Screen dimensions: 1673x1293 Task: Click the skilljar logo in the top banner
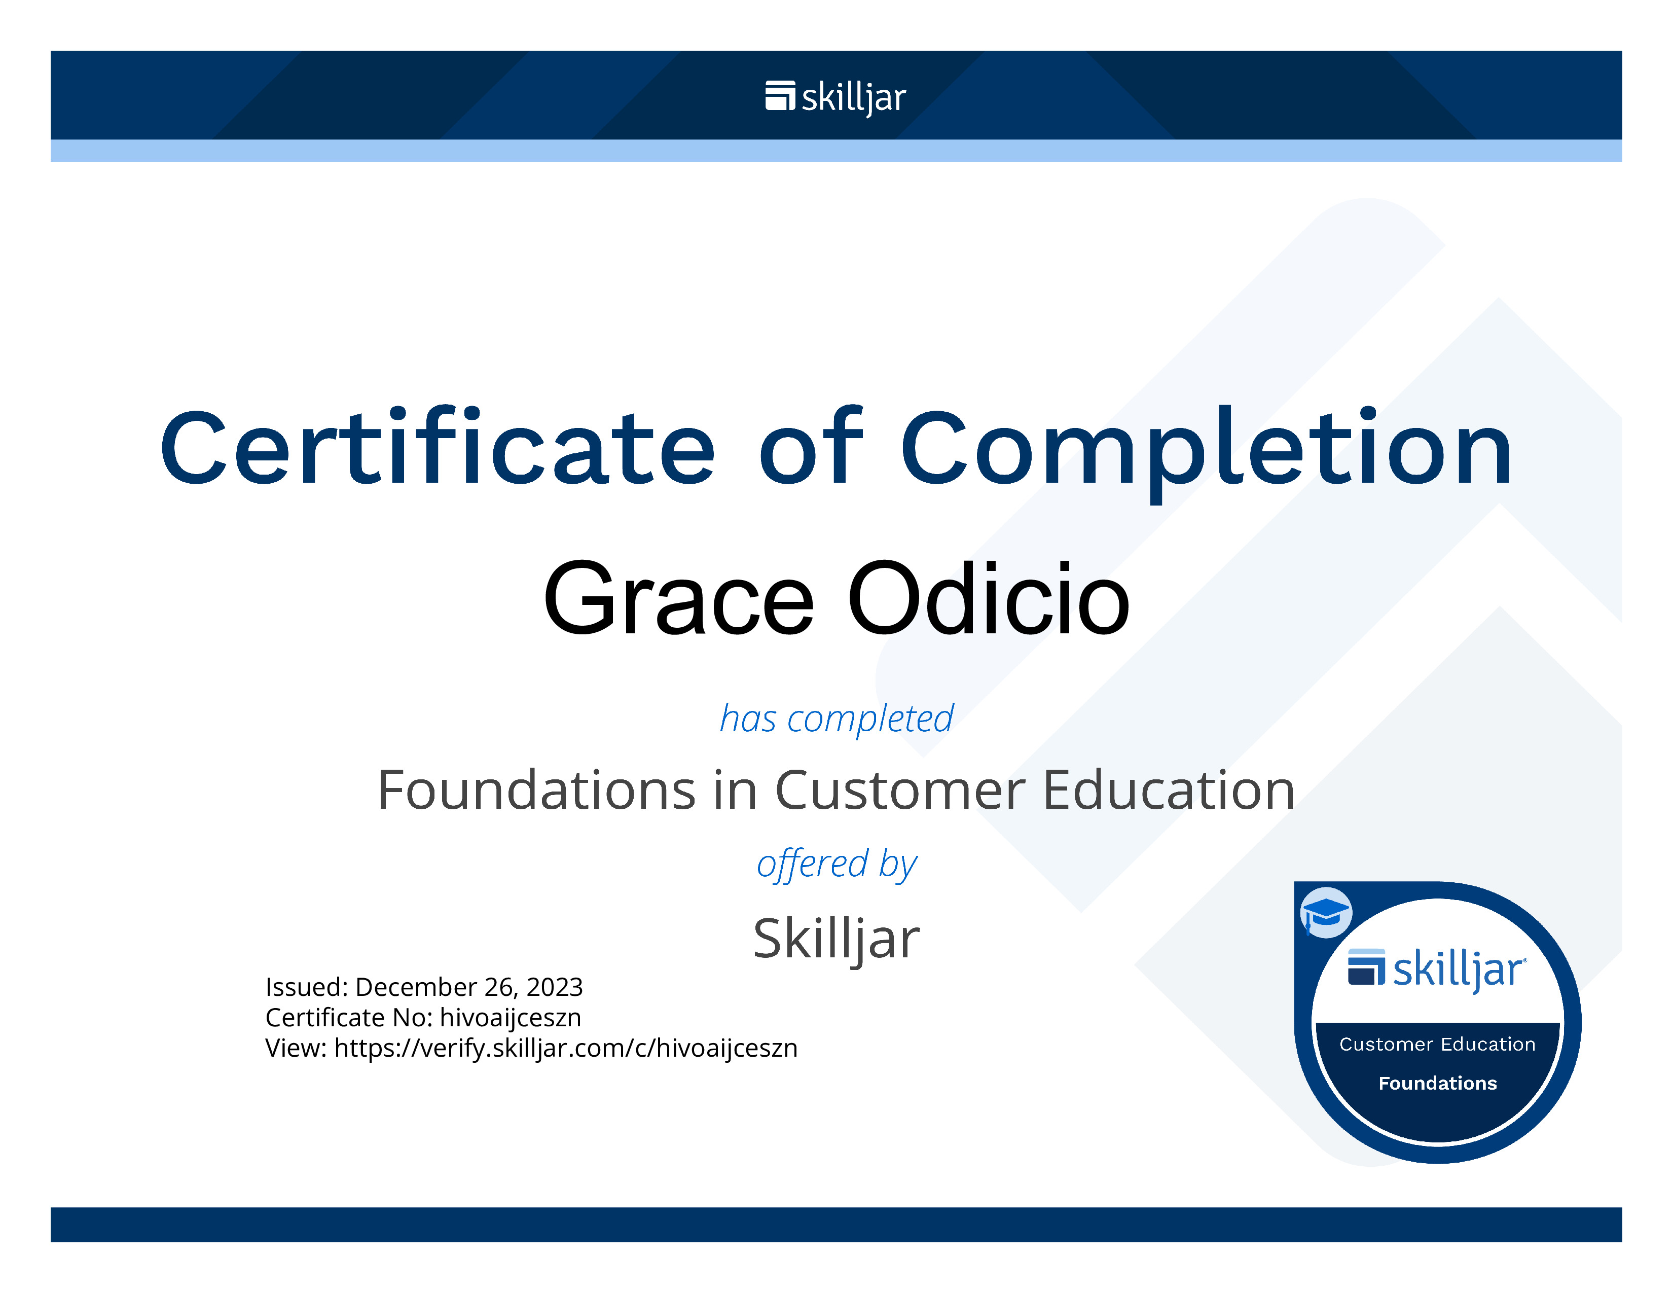point(835,97)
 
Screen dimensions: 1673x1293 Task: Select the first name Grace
point(679,598)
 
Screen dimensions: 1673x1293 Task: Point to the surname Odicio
point(988,598)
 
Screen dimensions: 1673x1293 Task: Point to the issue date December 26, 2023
point(469,987)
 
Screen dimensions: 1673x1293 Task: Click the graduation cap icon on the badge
point(1326,912)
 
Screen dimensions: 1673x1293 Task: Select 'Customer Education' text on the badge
point(1437,1044)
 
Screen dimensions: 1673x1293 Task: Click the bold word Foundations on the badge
point(1437,1083)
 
